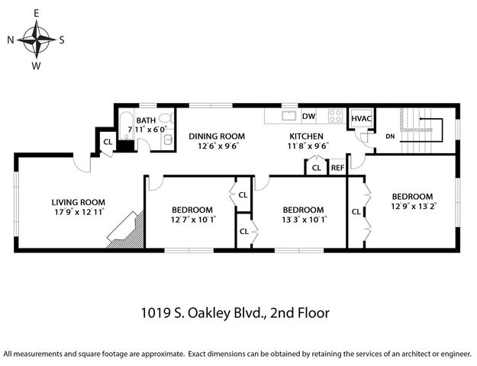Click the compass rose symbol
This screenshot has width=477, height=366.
click(37, 39)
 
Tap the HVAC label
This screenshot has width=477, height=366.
click(360, 119)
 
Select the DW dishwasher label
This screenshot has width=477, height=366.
click(309, 117)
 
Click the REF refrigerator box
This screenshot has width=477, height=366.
click(337, 168)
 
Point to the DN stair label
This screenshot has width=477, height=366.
click(390, 136)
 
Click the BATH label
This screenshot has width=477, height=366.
click(146, 121)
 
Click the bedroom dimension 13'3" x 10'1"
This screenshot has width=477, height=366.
click(303, 220)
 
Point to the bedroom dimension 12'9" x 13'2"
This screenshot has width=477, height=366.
click(411, 206)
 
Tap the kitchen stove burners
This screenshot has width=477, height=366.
click(334, 117)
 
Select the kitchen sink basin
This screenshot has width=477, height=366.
click(288, 116)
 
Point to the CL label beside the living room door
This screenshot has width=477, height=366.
click(108, 141)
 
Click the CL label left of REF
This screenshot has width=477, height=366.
click(316, 168)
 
